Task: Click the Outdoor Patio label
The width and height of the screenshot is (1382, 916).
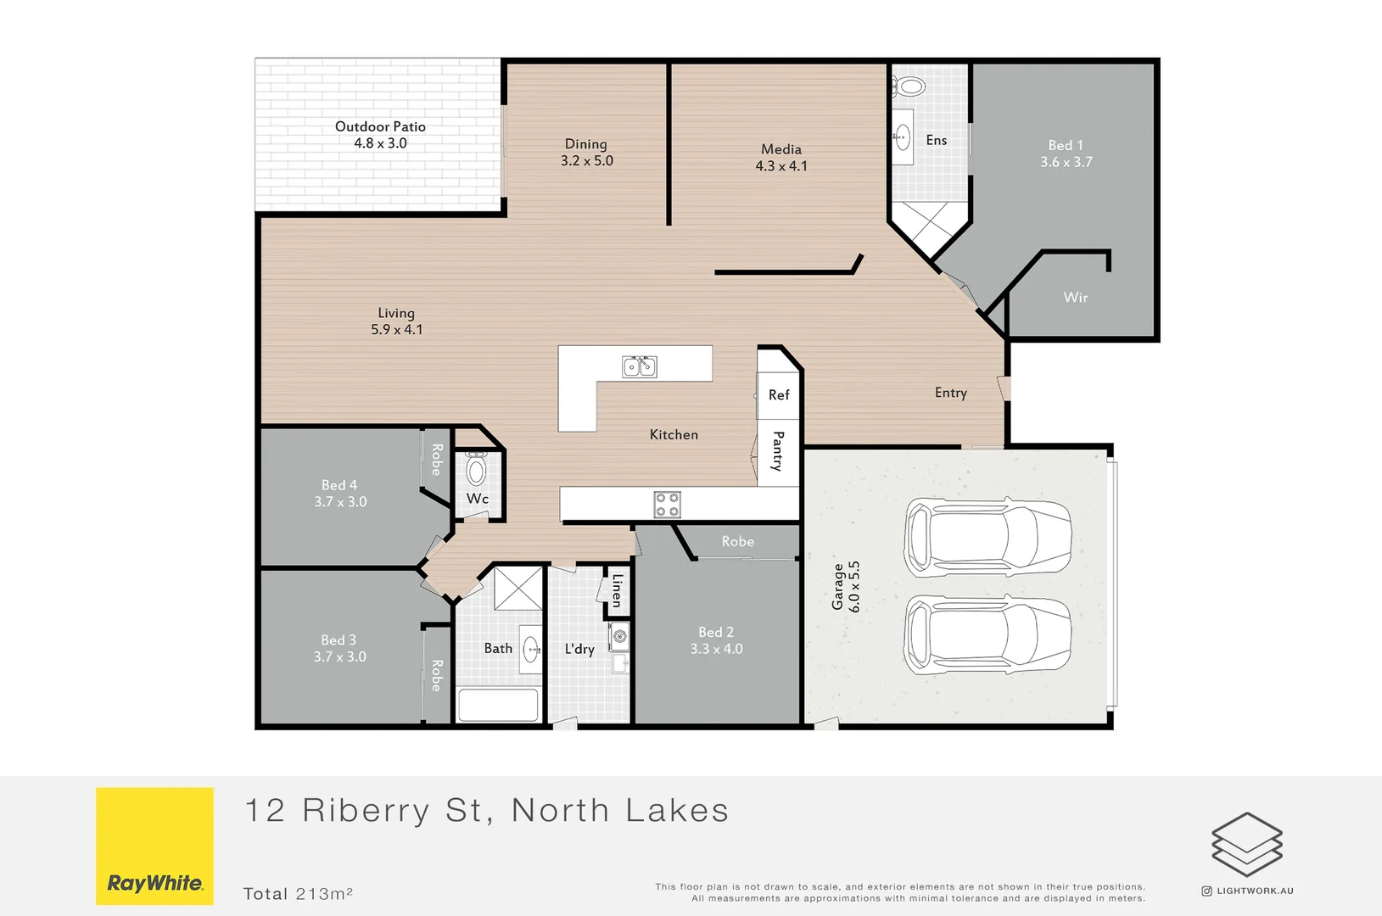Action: [380, 127]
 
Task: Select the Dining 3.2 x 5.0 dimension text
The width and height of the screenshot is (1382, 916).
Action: [586, 161]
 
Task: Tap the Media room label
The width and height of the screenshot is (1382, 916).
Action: [781, 149]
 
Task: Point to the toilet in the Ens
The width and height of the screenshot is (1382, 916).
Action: [909, 87]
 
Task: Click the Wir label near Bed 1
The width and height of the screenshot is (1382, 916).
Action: [1075, 298]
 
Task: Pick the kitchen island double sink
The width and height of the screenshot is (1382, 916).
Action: [640, 366]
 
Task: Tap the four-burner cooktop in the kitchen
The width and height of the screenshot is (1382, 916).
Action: [667, 505]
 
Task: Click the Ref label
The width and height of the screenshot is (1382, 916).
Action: [779, 395]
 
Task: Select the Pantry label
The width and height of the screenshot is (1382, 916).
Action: [778, 450]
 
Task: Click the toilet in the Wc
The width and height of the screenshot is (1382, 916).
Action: [477, 469]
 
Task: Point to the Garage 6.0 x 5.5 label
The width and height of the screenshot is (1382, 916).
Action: [846, 587]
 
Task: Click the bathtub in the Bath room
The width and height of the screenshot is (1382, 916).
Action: [498, 705]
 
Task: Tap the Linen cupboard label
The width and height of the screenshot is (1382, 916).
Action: [618, 589]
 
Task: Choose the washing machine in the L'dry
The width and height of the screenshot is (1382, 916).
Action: [619, 636]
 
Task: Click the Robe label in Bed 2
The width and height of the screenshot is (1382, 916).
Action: [737, 542]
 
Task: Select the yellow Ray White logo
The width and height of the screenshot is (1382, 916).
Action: [154, 846]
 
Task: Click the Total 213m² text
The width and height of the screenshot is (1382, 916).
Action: [298, 894]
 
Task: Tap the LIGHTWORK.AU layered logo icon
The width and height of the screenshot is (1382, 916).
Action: [1246, 845]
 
